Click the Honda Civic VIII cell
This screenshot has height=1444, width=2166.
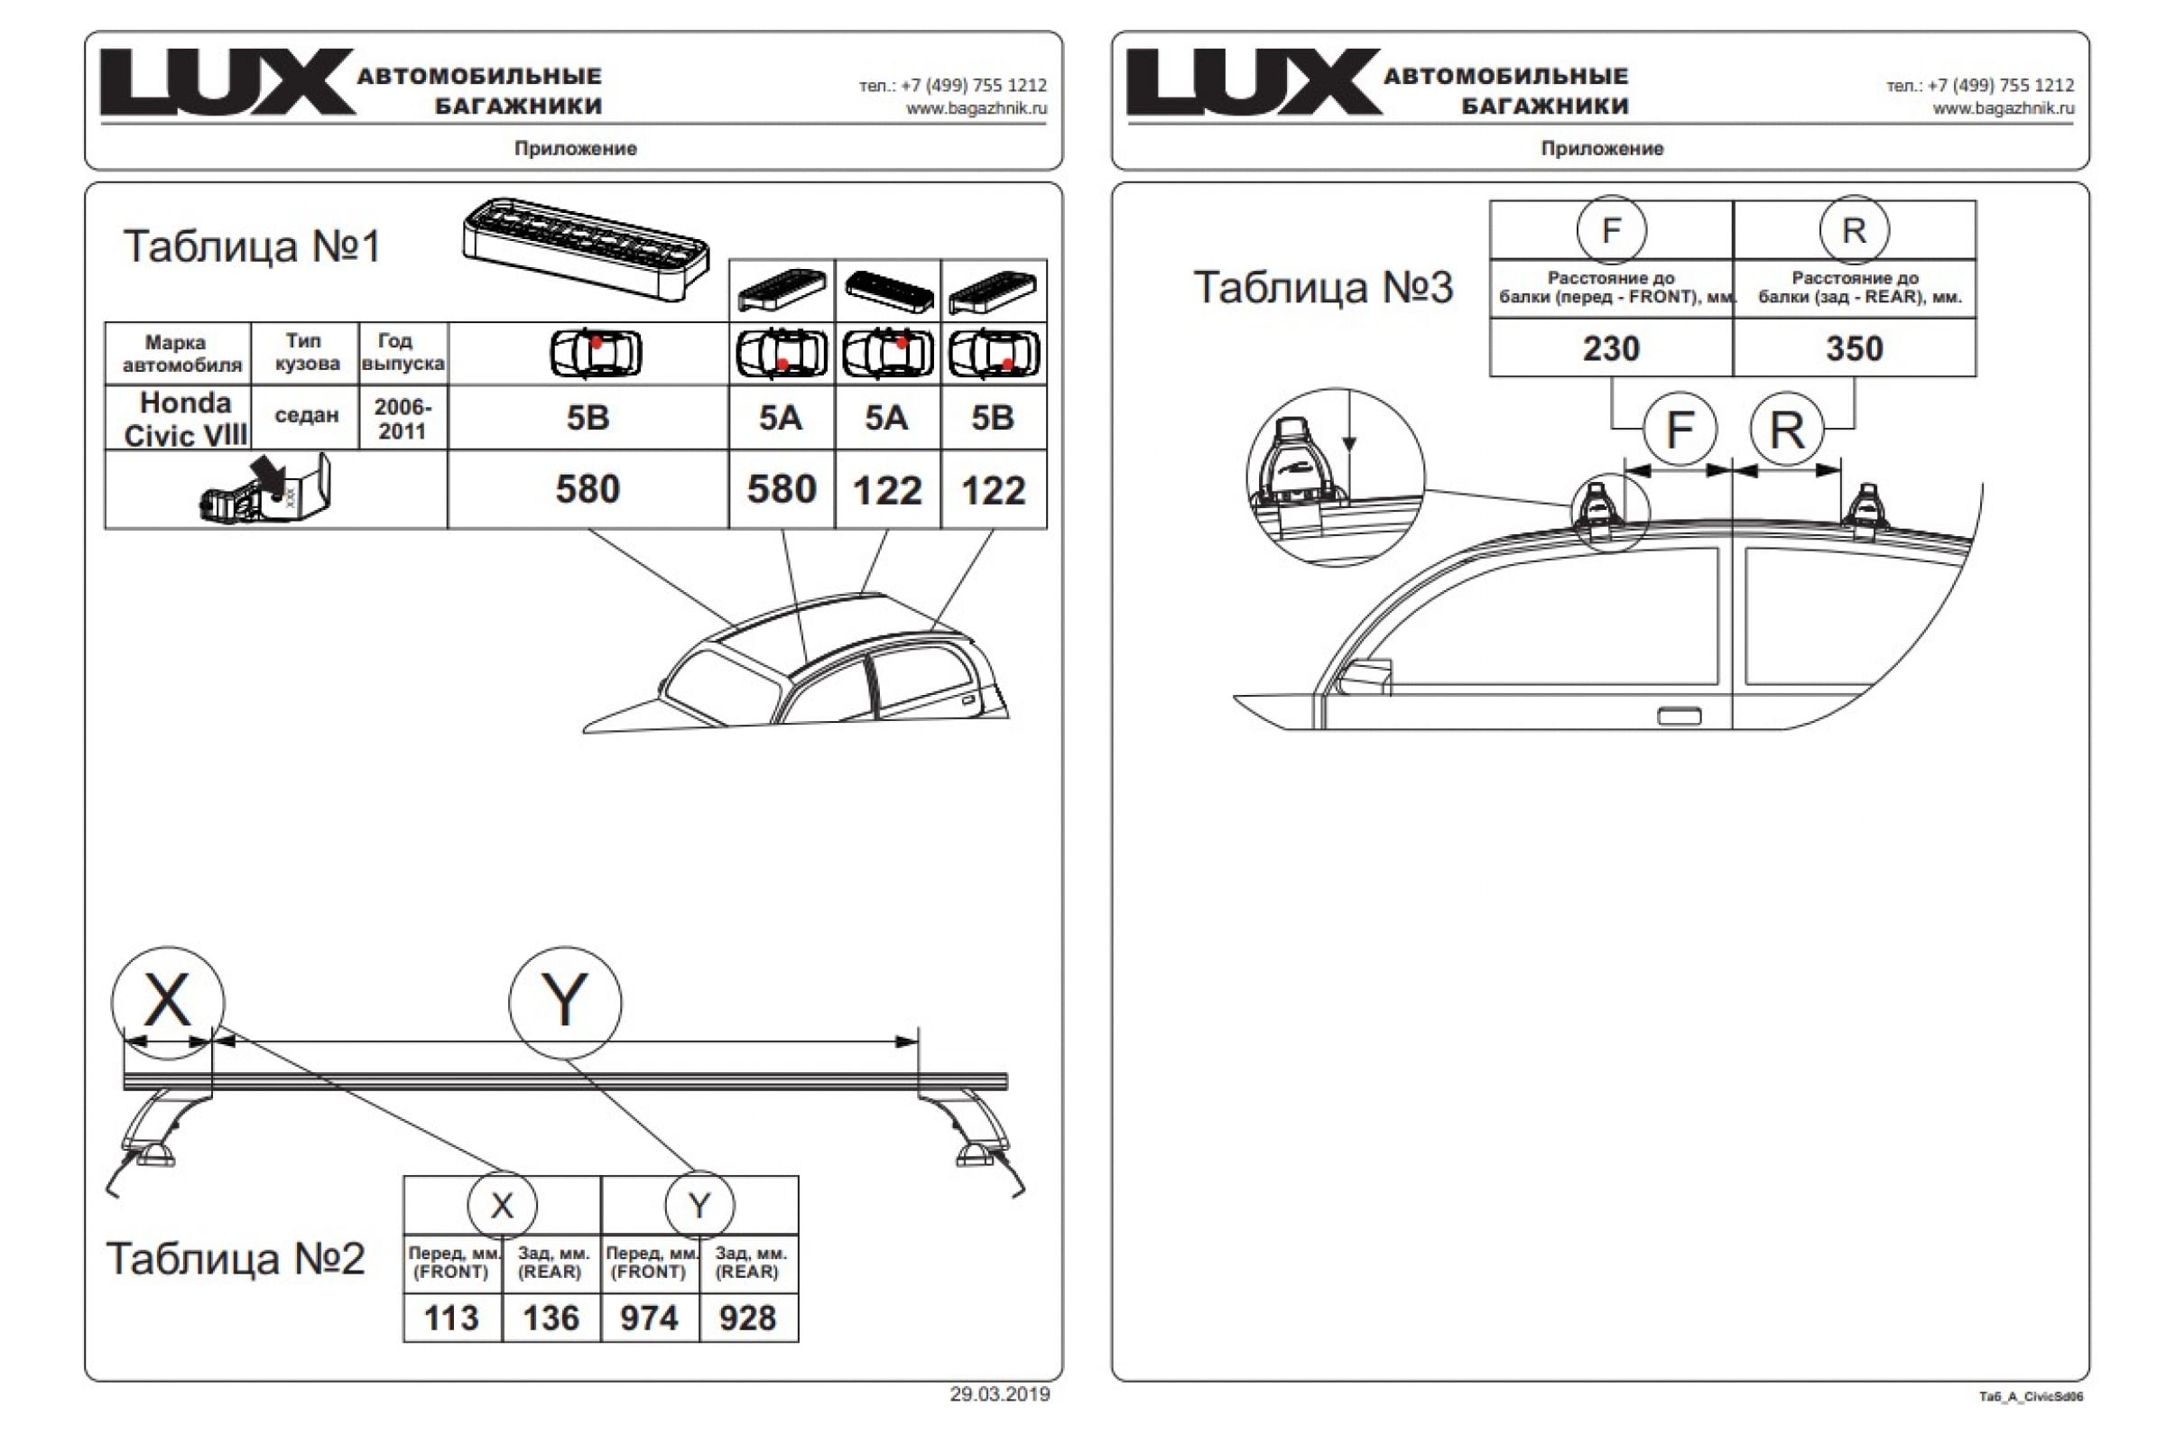click(185, 419)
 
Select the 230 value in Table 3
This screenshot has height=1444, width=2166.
click(1611, 348)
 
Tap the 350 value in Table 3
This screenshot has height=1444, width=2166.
click(1854, 348)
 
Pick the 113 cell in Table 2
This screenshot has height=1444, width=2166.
click(451, 1318)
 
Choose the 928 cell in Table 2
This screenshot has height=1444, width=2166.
click(748, 1318)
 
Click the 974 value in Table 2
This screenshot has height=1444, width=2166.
click(649, 1318)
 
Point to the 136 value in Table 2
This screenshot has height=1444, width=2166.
click(551, 1318)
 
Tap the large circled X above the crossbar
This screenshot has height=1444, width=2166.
click(168, 1001)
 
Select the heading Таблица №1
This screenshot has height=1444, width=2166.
click(252, 245)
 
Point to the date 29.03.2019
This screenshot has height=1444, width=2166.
click(999, 1394)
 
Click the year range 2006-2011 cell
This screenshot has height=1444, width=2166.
click(403, 419)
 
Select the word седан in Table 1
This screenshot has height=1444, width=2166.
click(307, 415)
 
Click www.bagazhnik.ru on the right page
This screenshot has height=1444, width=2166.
click(2003, 108)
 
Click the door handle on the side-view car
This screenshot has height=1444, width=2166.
click(1679, 716)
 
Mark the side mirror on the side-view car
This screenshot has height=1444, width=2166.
click(1368, 677)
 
